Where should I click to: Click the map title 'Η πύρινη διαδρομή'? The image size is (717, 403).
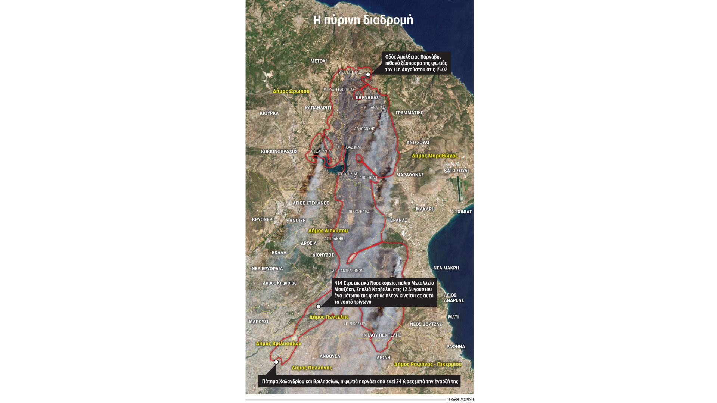(x=363, y=20)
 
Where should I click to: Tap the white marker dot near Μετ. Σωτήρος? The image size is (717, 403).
(x=368, y=75)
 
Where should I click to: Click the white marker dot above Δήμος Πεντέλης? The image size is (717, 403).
(x=318, y=307)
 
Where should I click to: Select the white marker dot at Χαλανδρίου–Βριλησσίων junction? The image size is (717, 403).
(x=276, y=362)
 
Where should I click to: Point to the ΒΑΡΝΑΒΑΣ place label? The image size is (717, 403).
(x=367, y=97)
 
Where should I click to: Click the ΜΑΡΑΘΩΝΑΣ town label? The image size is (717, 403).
(x=410, y=175)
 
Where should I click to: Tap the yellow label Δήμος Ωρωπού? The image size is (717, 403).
(x=291, y=91)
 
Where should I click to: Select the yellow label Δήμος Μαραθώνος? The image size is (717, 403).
(x=434, y=156)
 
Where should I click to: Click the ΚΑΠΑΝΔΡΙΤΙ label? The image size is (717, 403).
(x=318, y=108)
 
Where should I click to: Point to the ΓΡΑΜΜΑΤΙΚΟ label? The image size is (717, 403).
(x=409, y=113)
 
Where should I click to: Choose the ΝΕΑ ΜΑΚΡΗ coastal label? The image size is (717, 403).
(x=446, y=268)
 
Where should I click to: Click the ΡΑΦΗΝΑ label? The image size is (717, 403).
(x=456, y=347)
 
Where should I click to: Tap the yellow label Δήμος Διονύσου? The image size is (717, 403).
(x=328, y=231)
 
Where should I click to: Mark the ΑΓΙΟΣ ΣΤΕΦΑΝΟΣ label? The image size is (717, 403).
(x=311, y=203)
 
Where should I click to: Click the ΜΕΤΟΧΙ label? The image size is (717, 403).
(x=319, y=61)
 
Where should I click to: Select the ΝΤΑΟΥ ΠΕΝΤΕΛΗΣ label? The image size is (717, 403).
(x=382, y=335)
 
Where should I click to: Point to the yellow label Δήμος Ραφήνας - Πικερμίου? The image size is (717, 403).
(x=428, y=364)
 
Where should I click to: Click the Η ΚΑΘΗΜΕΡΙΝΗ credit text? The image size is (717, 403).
(x=460, y=399)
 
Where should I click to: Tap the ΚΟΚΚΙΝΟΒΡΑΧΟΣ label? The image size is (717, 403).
(x=279, y=152)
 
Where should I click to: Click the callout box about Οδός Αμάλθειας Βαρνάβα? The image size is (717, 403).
(x=416, y=63)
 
